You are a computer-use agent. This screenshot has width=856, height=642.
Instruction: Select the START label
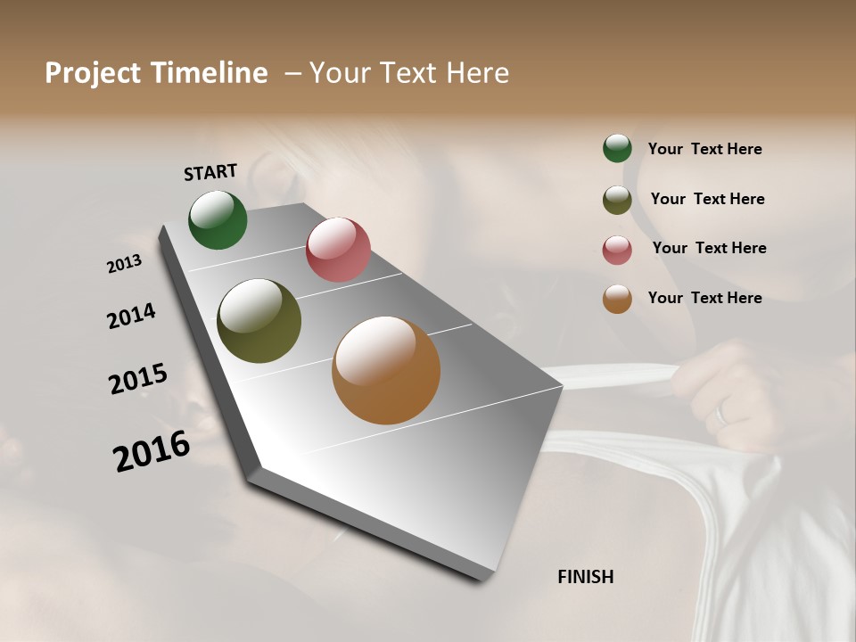(210, 172)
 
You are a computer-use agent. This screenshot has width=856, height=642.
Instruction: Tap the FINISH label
(585, 577)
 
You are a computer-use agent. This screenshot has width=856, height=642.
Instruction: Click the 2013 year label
(125, 264)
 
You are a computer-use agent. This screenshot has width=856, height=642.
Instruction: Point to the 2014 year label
(131, 316)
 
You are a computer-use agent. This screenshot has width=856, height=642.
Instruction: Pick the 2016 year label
(152, 451)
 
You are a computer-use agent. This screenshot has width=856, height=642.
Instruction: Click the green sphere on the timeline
(218, 219)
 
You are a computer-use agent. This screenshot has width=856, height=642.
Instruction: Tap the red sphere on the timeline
(338, 250)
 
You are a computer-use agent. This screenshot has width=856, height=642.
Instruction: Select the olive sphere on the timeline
(259, 321)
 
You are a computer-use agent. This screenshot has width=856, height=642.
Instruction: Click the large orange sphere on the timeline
(386, 370)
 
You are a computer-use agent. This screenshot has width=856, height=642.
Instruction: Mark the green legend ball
(617, 148)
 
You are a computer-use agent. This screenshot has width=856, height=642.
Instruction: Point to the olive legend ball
(617, 200)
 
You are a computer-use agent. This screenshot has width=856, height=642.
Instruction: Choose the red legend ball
(617, 250)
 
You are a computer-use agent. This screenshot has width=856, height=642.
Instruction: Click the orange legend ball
(617, 299)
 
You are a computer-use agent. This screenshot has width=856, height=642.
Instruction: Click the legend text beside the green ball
(704, 150)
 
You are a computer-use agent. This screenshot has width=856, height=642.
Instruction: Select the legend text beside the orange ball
(704, 298)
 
